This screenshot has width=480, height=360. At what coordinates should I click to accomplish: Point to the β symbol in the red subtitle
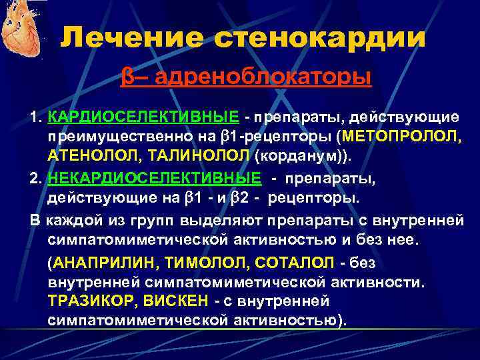126,78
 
